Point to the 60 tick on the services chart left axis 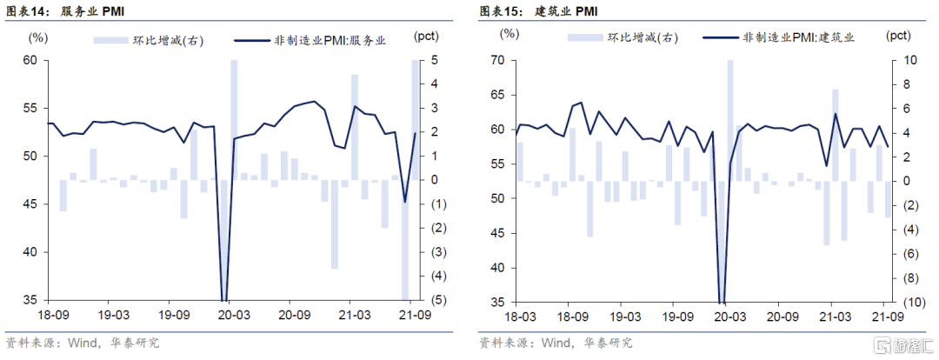(30, 60)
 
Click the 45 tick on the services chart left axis (30, 204)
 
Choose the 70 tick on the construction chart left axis (497, 60)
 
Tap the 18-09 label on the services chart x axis (50, 317)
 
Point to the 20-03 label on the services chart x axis (232, 317)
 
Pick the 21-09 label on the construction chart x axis (885, 317)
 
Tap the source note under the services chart (83, 343)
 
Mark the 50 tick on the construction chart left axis (497, 198)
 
